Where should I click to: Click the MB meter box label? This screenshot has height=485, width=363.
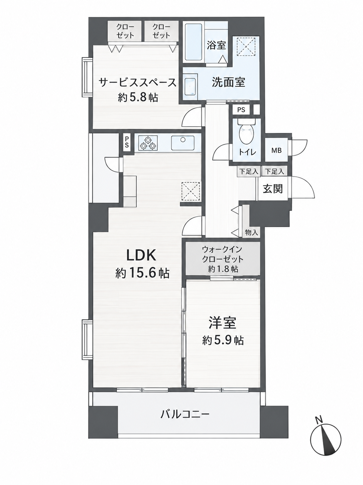point(276,150)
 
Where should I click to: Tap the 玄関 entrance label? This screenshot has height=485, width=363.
point(273,189)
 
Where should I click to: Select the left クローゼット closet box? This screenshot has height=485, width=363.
point(125,31)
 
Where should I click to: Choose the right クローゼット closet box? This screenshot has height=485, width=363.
point(161,31)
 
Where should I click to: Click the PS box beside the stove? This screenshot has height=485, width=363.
point(127,142)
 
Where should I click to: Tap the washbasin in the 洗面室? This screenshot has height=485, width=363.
point(191,87)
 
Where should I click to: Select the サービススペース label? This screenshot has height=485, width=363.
point(137,83)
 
